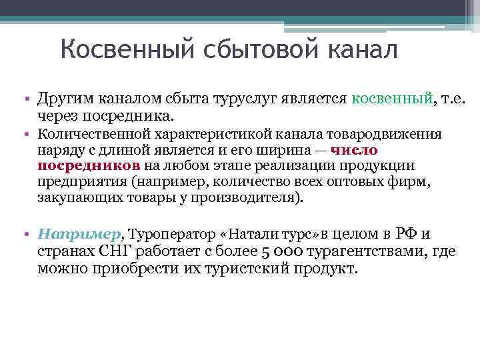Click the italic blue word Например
[80, 235]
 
